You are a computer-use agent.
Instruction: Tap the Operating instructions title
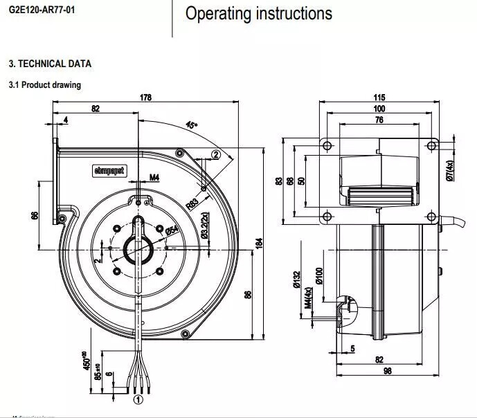[x=258, y=13]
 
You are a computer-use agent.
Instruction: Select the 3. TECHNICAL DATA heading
[x=50, y=64]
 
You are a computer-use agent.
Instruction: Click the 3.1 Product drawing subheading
[x=44, y=85]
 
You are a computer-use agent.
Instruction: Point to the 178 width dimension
[x=146, y=98]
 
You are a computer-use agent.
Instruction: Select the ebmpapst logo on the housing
[x=108, y=170]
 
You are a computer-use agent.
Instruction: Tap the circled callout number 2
[x=215, y=154]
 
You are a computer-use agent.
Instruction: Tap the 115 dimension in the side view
[x=379, y=98]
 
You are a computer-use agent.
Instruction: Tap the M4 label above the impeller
[x=154, y=178]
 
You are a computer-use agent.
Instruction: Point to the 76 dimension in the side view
[x=379, y=120]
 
